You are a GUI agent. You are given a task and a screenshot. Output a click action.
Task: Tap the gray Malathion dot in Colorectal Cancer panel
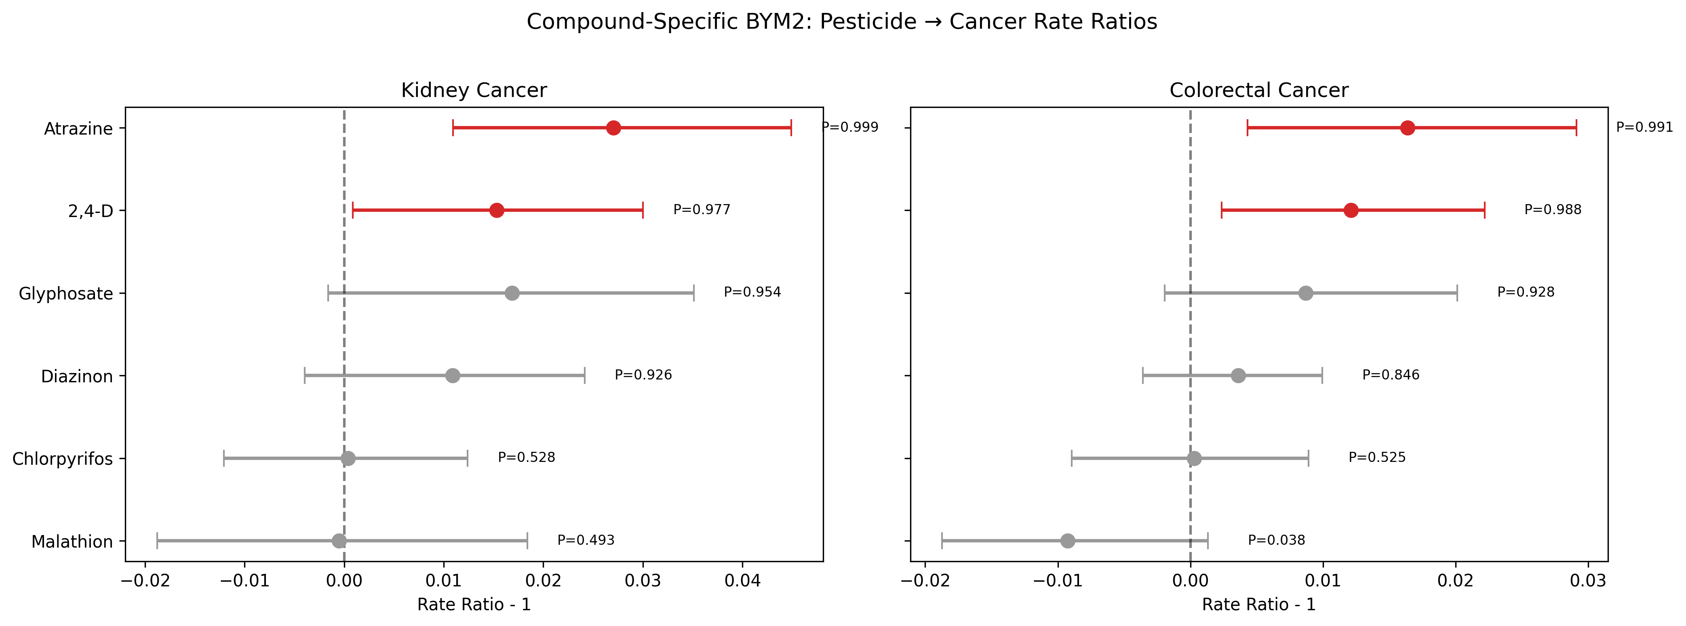(1068, 541)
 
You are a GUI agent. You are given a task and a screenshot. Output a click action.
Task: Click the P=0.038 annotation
(1276, 540)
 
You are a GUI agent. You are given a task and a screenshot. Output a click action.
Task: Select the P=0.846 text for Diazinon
(1391, 375)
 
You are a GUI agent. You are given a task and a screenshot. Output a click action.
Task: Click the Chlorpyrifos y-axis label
(63, 459)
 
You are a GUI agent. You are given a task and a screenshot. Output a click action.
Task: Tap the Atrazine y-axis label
(78, 129)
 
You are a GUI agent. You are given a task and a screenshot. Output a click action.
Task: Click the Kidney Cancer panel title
(474, 91)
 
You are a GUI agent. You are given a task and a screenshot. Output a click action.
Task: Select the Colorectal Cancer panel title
(1258, 91)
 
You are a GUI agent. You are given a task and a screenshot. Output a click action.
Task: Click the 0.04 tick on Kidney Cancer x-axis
(742, 581)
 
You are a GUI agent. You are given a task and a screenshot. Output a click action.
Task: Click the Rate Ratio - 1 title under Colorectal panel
(1258, 605)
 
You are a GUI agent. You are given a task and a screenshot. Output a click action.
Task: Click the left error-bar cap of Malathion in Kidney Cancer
(157, 541)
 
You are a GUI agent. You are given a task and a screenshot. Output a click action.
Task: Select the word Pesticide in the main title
(868, 21)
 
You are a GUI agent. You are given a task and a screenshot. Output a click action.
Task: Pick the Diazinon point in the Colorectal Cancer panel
(1238, 376)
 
